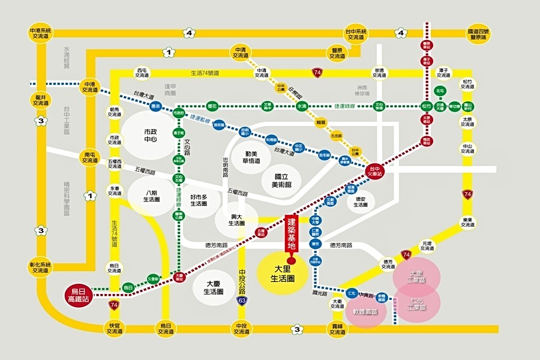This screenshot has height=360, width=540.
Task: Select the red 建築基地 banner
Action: [291, 233]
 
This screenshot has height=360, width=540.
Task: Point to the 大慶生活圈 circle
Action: [213, 287]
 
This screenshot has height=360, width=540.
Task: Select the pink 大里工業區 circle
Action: [417, 276]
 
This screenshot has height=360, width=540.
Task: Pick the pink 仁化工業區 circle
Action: [417, 304]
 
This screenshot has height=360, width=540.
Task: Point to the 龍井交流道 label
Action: [41, 99]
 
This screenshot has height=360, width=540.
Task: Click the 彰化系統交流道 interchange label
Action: [41, 267]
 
